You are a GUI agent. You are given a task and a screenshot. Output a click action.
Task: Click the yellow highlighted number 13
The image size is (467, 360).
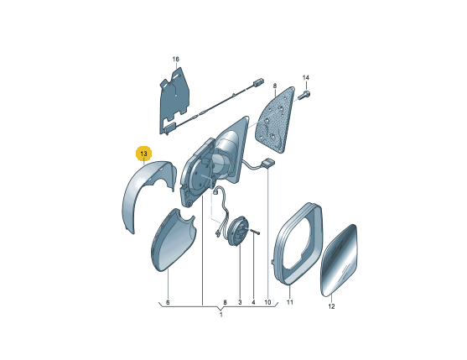(x=143, y=154)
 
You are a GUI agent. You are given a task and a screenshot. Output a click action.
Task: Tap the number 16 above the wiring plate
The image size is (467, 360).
(x=176, y=59)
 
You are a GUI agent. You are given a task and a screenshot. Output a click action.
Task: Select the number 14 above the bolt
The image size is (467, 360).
(x=306, y=78)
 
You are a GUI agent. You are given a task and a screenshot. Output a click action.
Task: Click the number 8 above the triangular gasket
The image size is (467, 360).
(x=275, y=86)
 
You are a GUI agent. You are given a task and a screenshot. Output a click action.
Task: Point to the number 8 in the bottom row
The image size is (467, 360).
(x=226, y=302)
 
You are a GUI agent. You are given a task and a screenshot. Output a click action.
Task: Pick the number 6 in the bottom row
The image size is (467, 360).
(x=168, y=302)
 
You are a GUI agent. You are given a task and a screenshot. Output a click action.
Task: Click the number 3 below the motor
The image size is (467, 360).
(x=240, y=302)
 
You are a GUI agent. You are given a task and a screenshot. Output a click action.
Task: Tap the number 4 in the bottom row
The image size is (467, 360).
(x=253, y=302)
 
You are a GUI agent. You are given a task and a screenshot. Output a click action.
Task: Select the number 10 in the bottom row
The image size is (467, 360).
(x=267, y=302)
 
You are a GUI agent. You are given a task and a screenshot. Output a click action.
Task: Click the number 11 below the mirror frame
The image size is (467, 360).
(x=290, y=302)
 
